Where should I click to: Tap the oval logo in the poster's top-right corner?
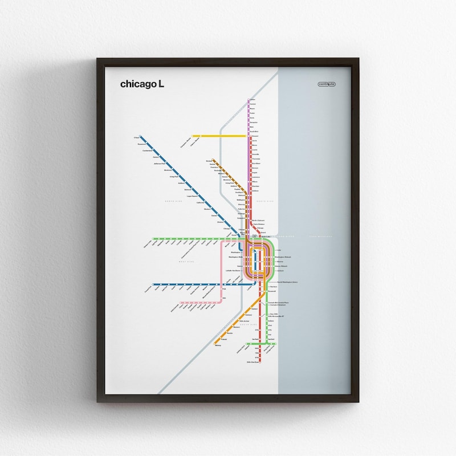pyautogui.click(x=328, y=84)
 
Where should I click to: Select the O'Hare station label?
pyautogui.click(x=136, y=137)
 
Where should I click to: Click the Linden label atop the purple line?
pyautogui.click(x=253, y=100)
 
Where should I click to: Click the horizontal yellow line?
pyautogui.click(x=219, y=136)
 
